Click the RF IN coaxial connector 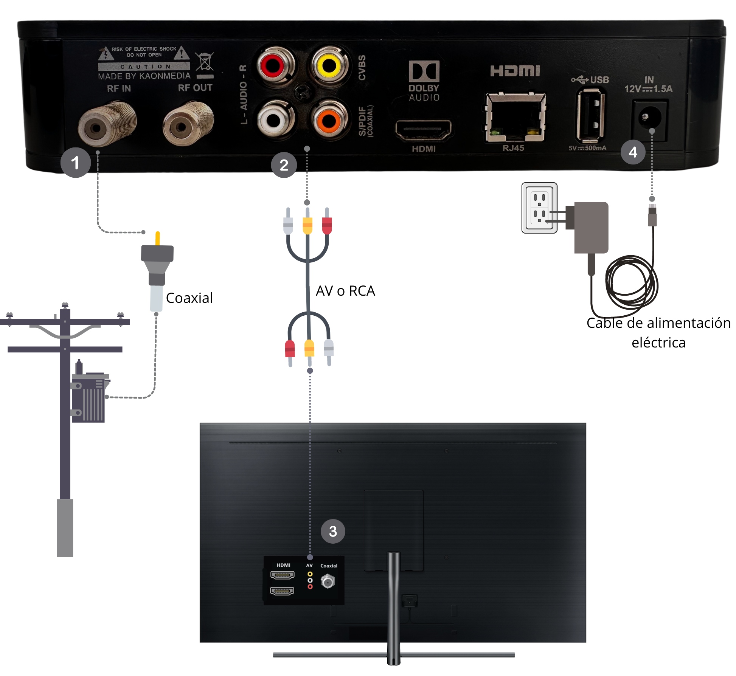(x=98, y=127)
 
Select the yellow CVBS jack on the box (x=328, y=66)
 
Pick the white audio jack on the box (x=274, y=120)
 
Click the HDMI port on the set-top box (x=423, y=130)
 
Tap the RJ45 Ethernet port (x=516, y=117)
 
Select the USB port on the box (x=590, y=115)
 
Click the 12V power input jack (x=649, y=118)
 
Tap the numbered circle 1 (x=75, y=163)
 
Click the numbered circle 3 (x=333, y=531)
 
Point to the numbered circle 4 (x=633, y=152)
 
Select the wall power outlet (x=539, y=208)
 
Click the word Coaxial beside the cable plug (x=189, y=298)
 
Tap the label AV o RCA (x=345, y=291)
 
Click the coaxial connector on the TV (x=328, y=581)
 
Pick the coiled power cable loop (x=632, y=281)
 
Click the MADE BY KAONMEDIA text (x=144, y=76)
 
